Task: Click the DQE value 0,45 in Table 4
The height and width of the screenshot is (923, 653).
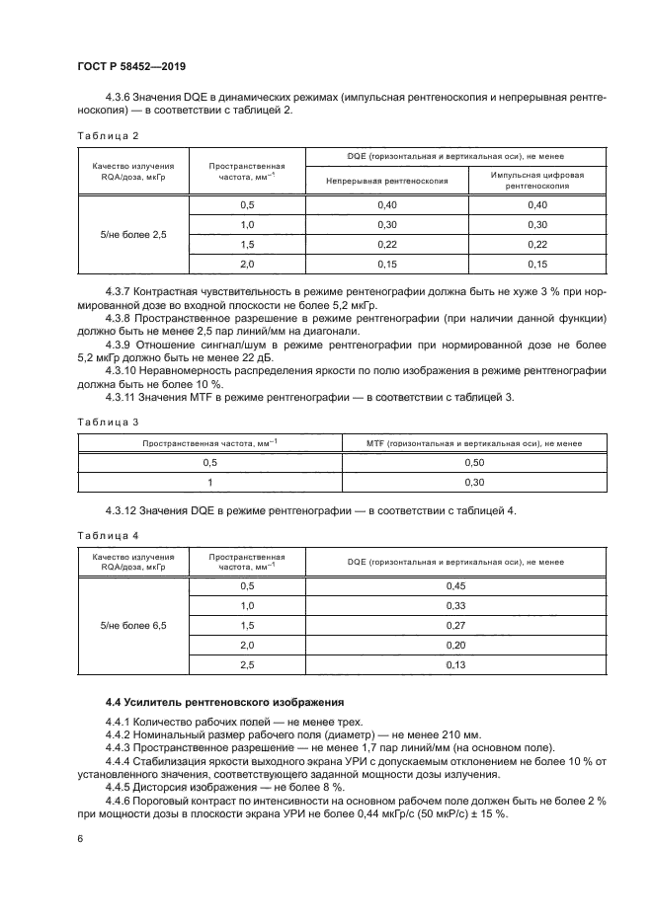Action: pyautogui.click(x=455, y=584)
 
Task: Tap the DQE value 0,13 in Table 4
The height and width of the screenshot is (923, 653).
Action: pyautogui.click(x=455, y=665)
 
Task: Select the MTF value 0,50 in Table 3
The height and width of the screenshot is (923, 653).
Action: pyautogui.click(x=473, y=462)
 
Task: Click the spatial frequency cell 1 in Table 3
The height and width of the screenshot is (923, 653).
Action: pyautogui.click(x=209, y=482)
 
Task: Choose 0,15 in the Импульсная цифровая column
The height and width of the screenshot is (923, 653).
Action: pyautogui.click(x=537, y=265)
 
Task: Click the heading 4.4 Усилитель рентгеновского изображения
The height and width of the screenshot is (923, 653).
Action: pyautogui.click(x=224, y=702)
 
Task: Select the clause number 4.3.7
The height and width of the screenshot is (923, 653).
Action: pyautogui.click(x=122, y=293)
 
